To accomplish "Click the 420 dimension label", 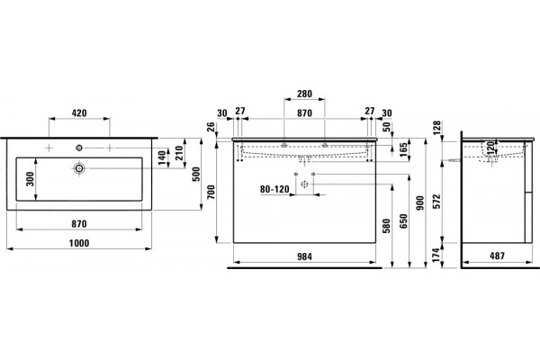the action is tap(79, 113).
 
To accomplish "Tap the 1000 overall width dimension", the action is tap(79, 243).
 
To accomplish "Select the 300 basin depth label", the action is tap(31, 179).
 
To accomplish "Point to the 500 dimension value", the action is tap(195, 174).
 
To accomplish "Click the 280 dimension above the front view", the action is tap(304, 94).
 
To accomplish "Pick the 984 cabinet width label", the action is tap(304, 256).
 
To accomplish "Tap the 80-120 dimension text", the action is tap(274, 189).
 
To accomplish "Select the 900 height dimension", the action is tap(419, 203).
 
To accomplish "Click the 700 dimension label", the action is tap(211, 192).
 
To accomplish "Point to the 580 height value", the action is tap(387, 226).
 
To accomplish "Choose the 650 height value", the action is tap(403, 220).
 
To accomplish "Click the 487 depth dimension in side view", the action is tap(497, 256).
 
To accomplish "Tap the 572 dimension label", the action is tap(436, 202).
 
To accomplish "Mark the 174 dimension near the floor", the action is tap(436, 255).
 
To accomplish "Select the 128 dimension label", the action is tap(436, 128).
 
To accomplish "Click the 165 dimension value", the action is tap(403, 149).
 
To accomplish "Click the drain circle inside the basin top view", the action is tap(79, 168).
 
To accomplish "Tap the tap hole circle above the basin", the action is tap(79, 148).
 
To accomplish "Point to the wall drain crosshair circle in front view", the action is tap(304, 184).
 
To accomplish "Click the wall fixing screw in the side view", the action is tap(455, 160).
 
